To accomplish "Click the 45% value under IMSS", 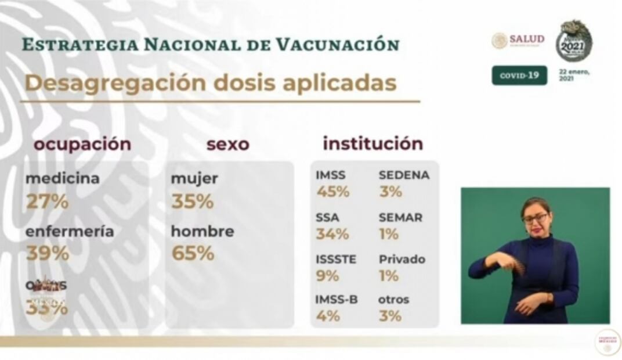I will pos(332,192).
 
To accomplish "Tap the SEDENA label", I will pos(404,175).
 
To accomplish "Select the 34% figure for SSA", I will pos(332,234).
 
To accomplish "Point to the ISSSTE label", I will pos(336,259).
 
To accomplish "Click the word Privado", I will pos(402,259).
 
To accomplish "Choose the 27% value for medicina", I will pos(47,201).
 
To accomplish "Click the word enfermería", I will pos(70,231).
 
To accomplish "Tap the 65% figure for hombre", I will pos(193,254).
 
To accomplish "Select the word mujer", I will pos(194,179).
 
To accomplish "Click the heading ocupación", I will pos(82,145).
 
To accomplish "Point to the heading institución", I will pos(373,143).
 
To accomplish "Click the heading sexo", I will pos(227,145).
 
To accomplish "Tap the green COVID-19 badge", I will pos(519,75).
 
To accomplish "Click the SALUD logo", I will pos(518,40).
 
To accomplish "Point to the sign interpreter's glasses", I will pos(535,218).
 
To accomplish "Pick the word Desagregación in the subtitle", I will pos(115,83).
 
